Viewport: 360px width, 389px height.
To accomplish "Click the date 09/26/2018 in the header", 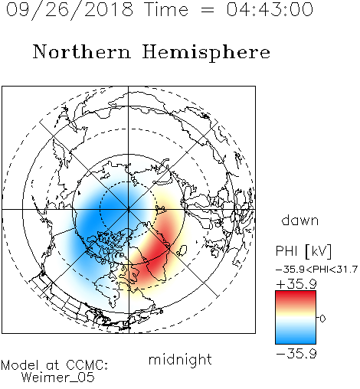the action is point(70,10).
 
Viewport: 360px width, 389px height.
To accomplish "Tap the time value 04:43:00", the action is point(270,9).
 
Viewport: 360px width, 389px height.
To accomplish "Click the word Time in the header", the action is point(166,9).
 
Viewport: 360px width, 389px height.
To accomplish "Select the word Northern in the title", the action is point(81,51).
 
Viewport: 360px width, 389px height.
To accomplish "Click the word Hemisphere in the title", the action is point(206,53).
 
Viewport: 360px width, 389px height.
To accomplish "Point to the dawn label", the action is point(299,220).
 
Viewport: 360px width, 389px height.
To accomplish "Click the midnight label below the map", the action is point(180,359).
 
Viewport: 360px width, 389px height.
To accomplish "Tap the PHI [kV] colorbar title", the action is point(303,251).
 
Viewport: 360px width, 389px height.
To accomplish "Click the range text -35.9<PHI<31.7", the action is point(316,270).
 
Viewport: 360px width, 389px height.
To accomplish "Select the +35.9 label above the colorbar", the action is point(296,284).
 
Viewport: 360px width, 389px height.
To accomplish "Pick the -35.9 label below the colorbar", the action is point(296,354).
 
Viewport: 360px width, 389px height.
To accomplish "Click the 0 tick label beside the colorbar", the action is point(322,319).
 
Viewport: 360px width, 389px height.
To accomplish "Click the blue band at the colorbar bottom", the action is point(296,338).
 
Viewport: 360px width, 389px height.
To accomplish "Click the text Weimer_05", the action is point(58,377).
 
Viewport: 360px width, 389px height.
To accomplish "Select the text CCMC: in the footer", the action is point(87,365).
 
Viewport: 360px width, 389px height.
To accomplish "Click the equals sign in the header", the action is point(208,10).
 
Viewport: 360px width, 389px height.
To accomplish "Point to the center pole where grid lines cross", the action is point(129,209).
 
